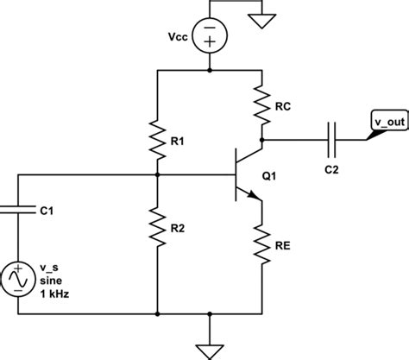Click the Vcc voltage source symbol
pos(210,39)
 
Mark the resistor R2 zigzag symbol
pos(157,226)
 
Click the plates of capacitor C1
pos(16,207)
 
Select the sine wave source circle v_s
pos(16,280)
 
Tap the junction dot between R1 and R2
pos(157,174)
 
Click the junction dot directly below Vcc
pos(210,71)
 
